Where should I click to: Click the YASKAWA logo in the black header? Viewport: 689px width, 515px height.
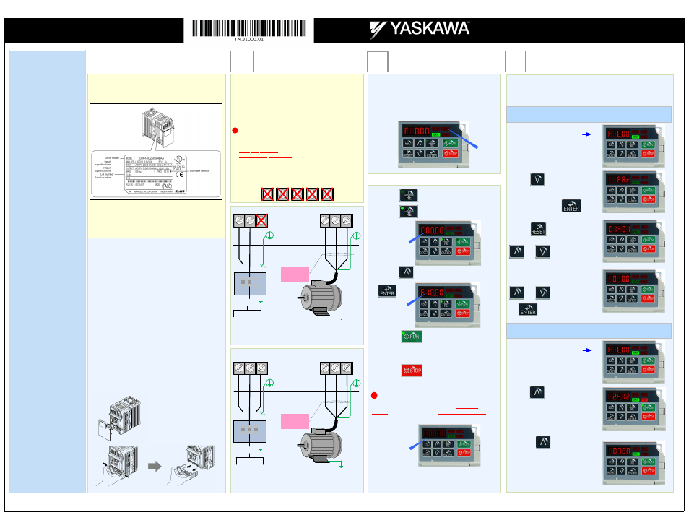pos(420,30)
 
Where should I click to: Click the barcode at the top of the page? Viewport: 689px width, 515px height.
pos(249,28)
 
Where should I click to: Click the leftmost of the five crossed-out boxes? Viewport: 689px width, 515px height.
pos(267,193)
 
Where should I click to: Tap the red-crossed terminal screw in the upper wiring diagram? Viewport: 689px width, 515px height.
pos(262,221)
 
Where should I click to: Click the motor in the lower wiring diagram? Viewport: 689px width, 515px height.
pos(320,438)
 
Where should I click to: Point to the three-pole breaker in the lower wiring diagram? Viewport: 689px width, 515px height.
pos(250,431)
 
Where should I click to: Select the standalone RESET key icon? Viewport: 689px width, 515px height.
pos(538,229)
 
